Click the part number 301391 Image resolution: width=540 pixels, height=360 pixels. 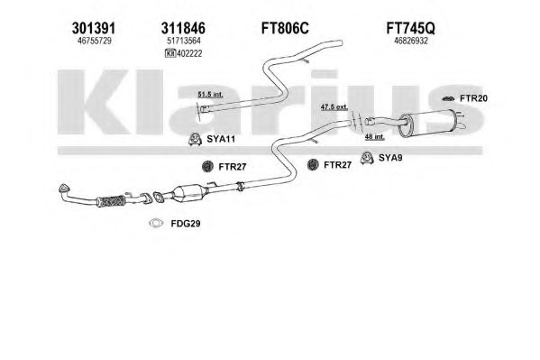94,28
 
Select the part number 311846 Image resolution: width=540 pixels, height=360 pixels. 183,28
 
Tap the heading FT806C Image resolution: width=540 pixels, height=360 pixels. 285,28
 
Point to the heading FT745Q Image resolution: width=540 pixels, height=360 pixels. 410,28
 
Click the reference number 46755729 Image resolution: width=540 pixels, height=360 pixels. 95,41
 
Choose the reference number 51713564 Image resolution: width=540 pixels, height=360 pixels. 184,41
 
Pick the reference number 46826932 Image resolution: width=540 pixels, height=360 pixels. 411,41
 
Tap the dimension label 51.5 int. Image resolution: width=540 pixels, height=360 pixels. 210,94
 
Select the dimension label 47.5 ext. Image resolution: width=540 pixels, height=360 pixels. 334,106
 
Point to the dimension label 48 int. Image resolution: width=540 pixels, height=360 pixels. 375,137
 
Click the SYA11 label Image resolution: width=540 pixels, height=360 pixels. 221,139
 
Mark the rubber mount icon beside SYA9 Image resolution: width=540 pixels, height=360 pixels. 367,158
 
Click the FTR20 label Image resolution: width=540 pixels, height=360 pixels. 473,98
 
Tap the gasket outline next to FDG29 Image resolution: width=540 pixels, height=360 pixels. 156,224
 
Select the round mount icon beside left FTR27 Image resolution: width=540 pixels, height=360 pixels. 207,167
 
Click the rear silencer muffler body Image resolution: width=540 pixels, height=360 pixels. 427,123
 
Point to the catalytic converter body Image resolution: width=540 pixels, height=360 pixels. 188,196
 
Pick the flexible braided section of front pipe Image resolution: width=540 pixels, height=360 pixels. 111,201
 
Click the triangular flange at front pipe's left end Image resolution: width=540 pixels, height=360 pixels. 63,189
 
